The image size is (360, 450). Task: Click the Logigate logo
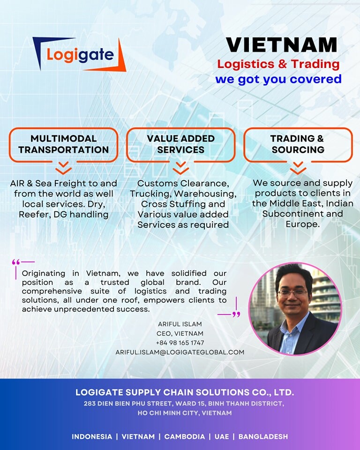pyautogui.click(x=79, y=54)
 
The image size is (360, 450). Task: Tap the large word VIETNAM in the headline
pyautogui.click(x=281, y=45)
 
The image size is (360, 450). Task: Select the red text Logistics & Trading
pyautogui.click(x=278, y=64)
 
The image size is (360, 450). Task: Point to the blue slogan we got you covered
pyautogui.click(x=278, y=79)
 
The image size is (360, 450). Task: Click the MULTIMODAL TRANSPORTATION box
pyautogui.click(x=63, y=144)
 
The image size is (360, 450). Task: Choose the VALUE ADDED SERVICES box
pyautogui.click(x=180, y=144)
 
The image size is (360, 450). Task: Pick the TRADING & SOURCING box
pyautogui.click(x=298, y=144)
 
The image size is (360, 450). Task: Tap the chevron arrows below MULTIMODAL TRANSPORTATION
pyautogui.click(x=63, y=168)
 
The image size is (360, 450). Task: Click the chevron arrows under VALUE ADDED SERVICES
pyautogui.click(x=180, y=168)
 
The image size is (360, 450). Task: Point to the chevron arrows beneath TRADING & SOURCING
pyautogui.click(x=298, y=168)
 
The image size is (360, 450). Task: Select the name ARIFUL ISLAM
pyautogui.click(x=180, y=324)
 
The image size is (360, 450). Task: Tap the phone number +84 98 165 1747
pyautogui.click(x=180, y=343)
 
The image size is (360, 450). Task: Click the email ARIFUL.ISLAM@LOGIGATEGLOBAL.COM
pyautogui.click(x=180, y=352)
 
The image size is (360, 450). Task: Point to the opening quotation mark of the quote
pyautogui.click(x=16, y=262)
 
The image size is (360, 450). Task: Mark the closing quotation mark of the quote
pyautogui.click(x=236, y=314)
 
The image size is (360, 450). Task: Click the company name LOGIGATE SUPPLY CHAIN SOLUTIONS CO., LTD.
pyautogui.click(x=185, y=392)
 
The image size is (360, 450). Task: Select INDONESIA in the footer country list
pyautogui.click(x=92, y=436)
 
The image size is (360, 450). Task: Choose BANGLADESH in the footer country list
pyautogui.click(x=263, y=436)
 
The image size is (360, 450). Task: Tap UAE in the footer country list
pyautogui.click(x=222, y=436)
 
